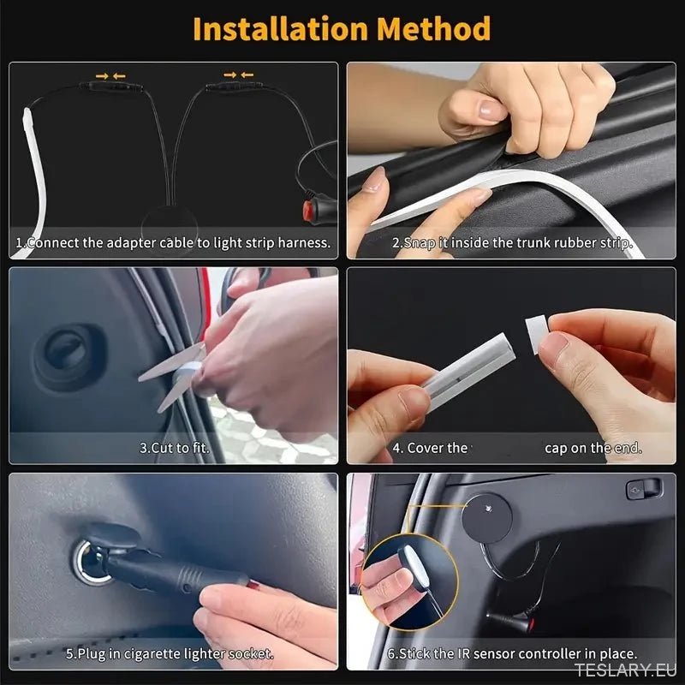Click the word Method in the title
(434, 28)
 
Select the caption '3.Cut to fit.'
(174, 448)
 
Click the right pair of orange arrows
(235, 75)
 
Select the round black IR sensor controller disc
(484, 515)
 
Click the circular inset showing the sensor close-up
(408, 581)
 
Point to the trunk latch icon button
(643, 488)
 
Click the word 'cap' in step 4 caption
(557, 448)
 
